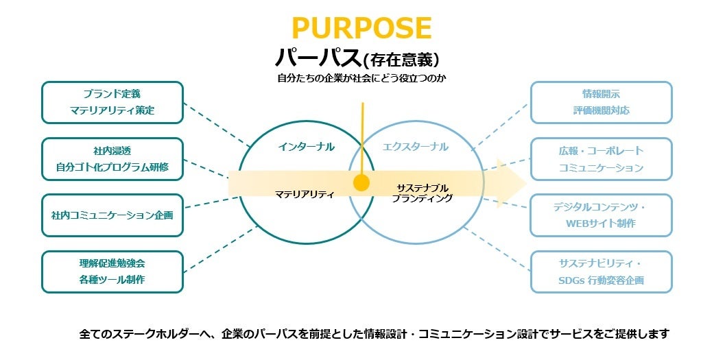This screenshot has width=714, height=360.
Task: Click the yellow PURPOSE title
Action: (x=361, y=27)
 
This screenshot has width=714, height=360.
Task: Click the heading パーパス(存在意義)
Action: (x=357, y=57)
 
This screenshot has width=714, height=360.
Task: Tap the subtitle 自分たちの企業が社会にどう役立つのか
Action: (x=357, y=78)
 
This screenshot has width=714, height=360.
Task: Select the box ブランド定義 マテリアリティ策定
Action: (x=112, y=102)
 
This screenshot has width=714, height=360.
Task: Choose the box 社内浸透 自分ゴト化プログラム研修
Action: (x=112, y=158)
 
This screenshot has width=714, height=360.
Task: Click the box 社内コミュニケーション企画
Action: (x=112, y=215)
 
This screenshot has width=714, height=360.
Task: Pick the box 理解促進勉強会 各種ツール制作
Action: (x=112, y=272)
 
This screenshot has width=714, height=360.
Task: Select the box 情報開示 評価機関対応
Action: (x=601, y=102)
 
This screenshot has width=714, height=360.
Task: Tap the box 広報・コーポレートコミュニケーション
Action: (x=601, y=158)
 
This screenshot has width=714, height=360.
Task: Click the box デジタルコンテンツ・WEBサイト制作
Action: (x=601, y=215)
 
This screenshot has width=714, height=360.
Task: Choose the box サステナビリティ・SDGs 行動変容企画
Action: (x=601, y=272)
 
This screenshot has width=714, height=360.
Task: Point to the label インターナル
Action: (x=307, y=146)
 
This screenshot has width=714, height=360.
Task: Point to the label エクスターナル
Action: (x=416, y=146)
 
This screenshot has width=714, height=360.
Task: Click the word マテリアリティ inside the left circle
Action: (x=305, y=194)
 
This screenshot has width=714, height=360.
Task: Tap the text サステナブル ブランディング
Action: (x=423, y=193)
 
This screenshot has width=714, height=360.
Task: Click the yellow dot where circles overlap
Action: (x=361, y=183)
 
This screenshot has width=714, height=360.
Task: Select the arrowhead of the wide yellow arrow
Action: (x=511, y=183)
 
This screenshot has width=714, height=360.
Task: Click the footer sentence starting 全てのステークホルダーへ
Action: (x=374, y=335)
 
